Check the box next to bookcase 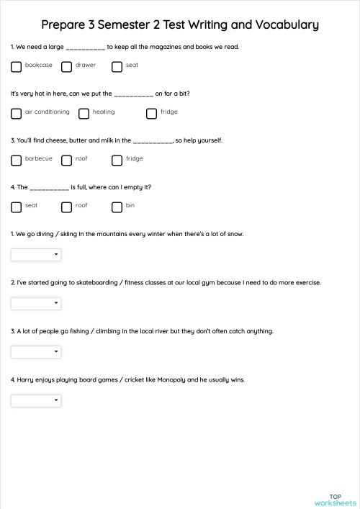point(17,67)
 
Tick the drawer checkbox point(67,67)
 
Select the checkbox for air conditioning point(17,114)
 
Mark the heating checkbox point(84,114)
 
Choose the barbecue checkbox point(17,161)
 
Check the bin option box point(117,207)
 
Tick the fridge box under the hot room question point(151,114)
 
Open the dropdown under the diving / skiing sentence point(36,254)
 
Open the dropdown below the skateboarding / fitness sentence point(36,303)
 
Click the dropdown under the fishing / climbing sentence point(36,351)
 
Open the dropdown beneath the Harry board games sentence point(36,400)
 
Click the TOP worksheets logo point(335,500)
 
